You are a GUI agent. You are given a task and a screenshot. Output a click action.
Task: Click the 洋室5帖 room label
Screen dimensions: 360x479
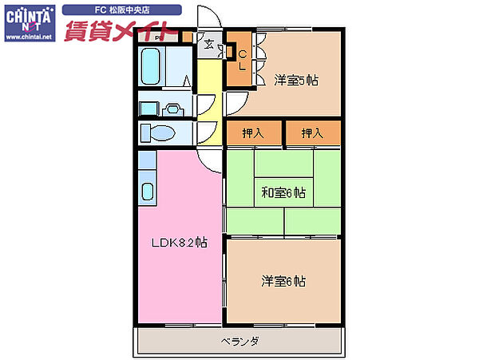point(297,80)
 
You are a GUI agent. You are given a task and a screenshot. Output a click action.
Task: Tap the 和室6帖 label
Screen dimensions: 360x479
point(284,192)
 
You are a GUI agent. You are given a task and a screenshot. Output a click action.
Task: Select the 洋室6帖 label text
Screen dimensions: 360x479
point(284,281)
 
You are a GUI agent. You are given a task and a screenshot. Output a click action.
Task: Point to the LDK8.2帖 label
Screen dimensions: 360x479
point(180,242)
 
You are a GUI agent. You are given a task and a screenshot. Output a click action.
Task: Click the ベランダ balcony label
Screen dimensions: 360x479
point(240,342)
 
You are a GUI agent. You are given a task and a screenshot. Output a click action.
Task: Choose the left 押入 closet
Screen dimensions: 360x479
point(254,133)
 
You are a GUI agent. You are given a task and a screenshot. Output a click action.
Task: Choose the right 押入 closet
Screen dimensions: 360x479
point(312,133)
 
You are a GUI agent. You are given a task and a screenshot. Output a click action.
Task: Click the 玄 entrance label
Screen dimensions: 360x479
point(209,45)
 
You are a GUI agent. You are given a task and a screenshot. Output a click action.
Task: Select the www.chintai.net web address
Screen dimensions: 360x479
point(28,37)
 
